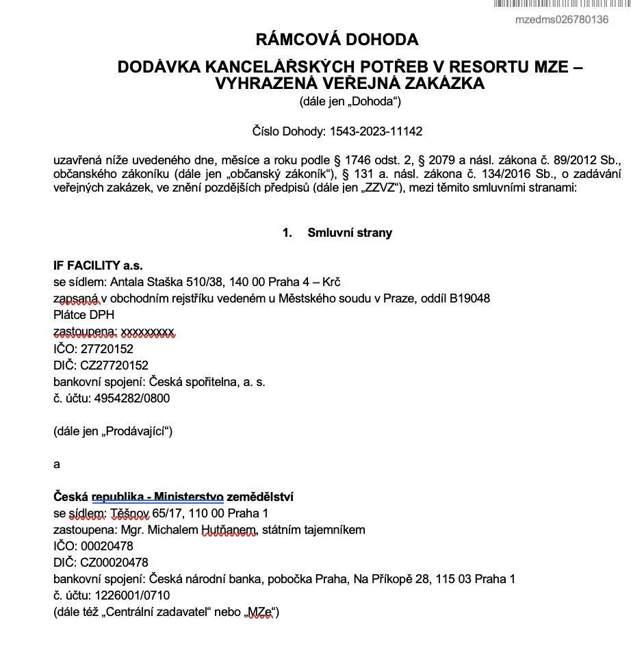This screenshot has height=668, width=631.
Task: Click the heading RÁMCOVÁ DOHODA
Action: pyautogui.click(x=336, y=40)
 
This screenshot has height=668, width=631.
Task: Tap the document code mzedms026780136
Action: pyautogui.click(x=561, y=20)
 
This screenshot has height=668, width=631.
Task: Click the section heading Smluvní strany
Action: pyautogui.click(x=350, y=233)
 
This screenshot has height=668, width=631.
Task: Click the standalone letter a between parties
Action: pyautogui.click(x=57, y=464)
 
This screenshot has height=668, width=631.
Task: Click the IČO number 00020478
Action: pyautogui.click(x=107, y=546)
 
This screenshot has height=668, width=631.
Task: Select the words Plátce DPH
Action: pyautogui.click(x=83, y=316)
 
